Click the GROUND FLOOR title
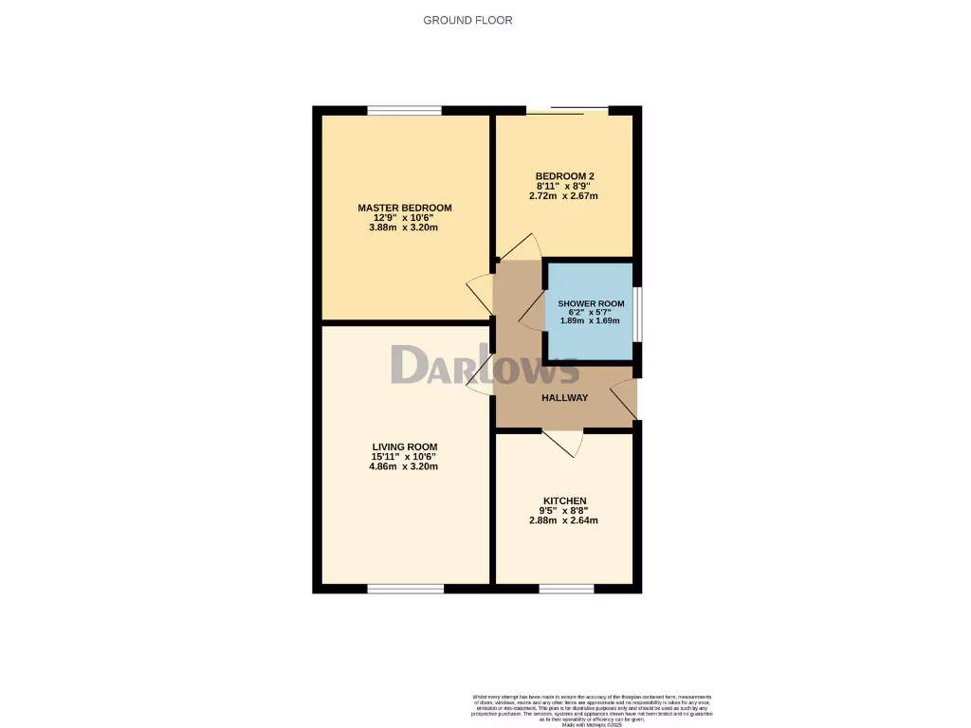(x=467, y=20)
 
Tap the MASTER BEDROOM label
(x=404, y=208)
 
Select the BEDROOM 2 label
(x=565, y=176)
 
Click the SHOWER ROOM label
(x=591, y=303)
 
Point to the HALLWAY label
(x=564, y=398)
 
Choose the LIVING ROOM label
(x=404, y=446)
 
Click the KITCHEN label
(x=564, y=500)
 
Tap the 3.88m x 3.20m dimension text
(x=404, y=227)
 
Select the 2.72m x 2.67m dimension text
(x=565, y=196)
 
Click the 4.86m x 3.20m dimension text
(x=404, y=466)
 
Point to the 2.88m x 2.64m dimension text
(x=564, y=520)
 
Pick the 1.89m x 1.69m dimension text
(x=591, y=320)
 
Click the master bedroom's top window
(x=404, y=110)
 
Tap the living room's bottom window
(x=405, y=589)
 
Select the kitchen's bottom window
(x=567, y=589)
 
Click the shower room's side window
(x=636, y=312)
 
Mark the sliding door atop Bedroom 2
(x=567, y=110)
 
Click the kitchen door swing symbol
(x=564, y=443)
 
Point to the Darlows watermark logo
(x=485, y=366)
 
